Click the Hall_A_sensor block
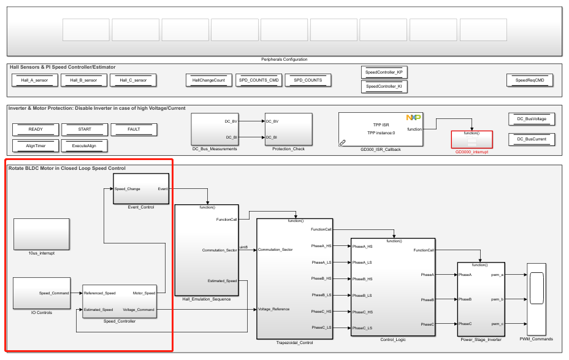pyautogui.click(x=34, y=80)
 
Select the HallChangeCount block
pyautogui.click(x=209, y=80)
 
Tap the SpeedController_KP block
pyautogui.click(x=384, y=73)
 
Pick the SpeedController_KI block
pyautogui.click(x=384, y=86)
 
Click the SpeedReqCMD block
pyautogui.click(x=530, y=80)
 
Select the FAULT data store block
pyautogui.click(x=134, y=129)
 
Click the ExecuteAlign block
pyautogui.click(x=85, y=146)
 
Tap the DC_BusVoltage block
pyautogui.click(x=532, y=119)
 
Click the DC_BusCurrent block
pyautogui.click(x=532, y=139)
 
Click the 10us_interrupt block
pyautogui.click(x=41, y=234)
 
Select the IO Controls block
pyautogui.click(x=41, y=293)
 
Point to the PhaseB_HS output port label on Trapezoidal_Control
pyautogui.click(x=321, y=278)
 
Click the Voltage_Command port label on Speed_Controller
pyautogui.click(x=139, y=310)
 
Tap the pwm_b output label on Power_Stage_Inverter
pyautogui.click(x=497, y=299)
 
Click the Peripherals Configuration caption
pyautogui.click(x=284, y=59)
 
